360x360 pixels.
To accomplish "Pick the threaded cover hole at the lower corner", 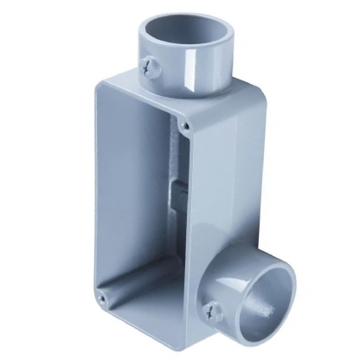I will tap(103, 299).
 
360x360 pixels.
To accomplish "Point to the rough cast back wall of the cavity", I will tap(160, 173).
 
